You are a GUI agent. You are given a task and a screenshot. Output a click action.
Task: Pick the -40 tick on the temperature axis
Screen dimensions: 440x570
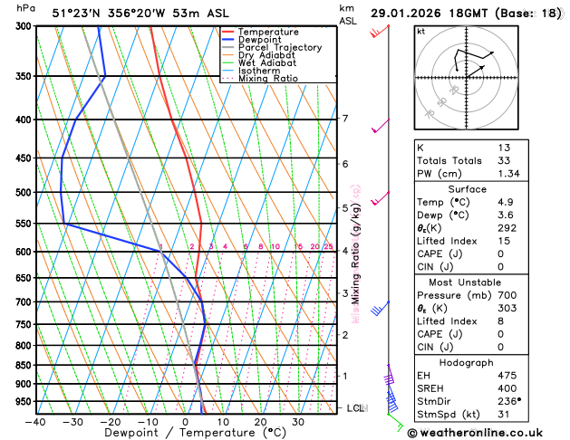pyautogui.click(x=35, y=422)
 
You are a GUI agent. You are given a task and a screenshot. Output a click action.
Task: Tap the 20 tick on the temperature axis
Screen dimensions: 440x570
pyautogui.click(x=260, y=422)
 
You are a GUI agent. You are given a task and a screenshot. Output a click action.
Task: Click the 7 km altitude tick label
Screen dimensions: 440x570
pyautogui.click(x=344, y=119)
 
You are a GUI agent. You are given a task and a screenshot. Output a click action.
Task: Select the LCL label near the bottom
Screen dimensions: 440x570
pyautogui.click(x=356, y=408)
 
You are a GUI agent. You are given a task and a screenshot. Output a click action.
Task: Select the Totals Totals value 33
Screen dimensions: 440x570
pyautogui.click(x=503, y=160)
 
